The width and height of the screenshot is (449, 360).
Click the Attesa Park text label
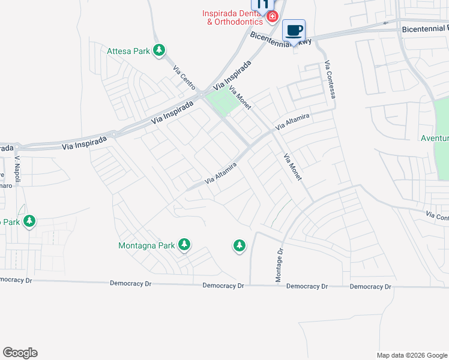click(128, 51)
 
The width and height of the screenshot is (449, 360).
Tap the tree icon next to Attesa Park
click(159, 50)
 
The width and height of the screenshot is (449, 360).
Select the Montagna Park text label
click(146, 245)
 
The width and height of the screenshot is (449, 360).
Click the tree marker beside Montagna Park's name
click(184, 244)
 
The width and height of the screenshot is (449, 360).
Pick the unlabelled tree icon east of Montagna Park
click(240, 245)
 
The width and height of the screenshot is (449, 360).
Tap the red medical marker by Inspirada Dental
click(273, 16)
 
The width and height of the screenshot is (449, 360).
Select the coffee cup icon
click(294, 30)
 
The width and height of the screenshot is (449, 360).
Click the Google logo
click(20, 353)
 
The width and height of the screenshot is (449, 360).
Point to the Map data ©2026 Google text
click(411, 355)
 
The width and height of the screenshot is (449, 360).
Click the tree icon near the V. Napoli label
click(29, 221)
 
